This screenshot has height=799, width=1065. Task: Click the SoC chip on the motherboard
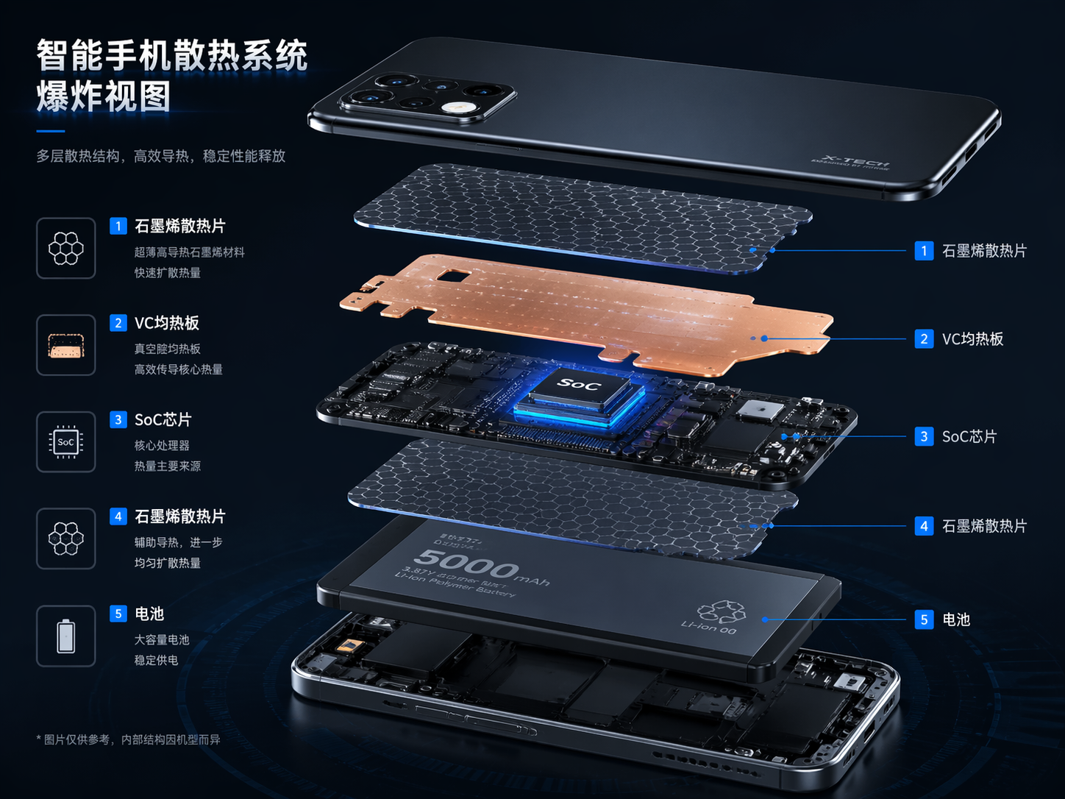point(581,394)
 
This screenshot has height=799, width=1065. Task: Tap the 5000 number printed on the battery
point(466,564)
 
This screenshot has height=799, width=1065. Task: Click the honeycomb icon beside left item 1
point(66,248)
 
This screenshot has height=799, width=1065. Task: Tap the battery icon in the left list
point(66,636)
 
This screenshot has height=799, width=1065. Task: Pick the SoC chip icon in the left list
point(66,441)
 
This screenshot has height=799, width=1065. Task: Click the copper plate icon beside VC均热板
point(66,345)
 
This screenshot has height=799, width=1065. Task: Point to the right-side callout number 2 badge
point(924,338)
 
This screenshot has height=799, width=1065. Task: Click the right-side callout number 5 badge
point(924,619)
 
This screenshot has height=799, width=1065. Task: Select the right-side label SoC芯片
point(969,436)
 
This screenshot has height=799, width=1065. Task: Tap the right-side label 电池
point(956,619)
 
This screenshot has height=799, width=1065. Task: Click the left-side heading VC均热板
point(167,323)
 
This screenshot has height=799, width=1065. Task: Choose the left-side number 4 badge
point(118,516)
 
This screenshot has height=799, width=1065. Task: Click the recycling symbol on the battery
point(721,610)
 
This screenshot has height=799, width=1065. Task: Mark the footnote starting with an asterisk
point(128,739)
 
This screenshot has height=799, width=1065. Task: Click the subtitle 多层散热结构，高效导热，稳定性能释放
point(161,156)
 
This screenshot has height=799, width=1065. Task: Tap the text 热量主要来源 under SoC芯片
point(167,466)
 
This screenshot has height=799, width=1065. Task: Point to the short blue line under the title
point(51,131)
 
